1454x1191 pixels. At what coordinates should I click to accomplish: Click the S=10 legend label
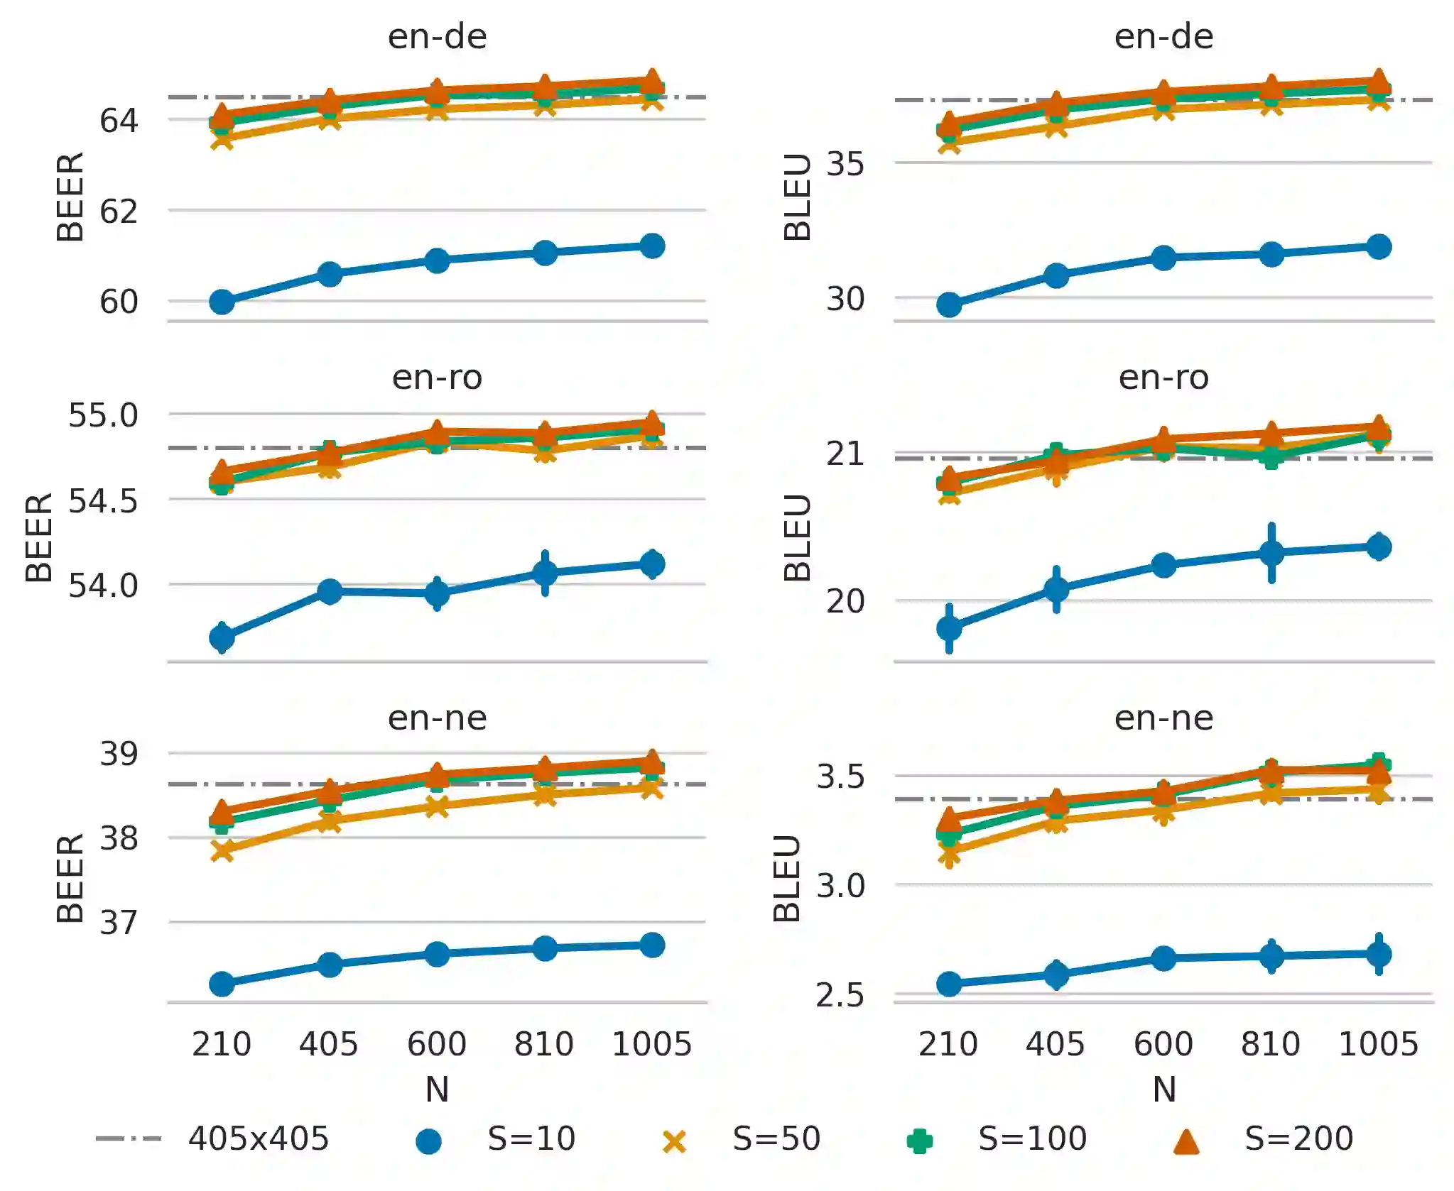coord(531,1138)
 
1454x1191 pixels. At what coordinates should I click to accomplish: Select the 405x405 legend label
coord(258,1138)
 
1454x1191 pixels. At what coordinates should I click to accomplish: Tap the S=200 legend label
coord(1298,1138)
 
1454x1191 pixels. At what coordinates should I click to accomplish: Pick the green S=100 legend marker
coord(919,1141)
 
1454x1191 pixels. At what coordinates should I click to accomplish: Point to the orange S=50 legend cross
coord(674,1141)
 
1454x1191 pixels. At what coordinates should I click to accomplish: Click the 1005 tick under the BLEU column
coord(1378,1044)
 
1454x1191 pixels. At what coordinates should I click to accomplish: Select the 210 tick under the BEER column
coord(222,1044)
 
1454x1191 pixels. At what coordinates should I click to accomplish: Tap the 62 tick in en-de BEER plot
coord(119,212)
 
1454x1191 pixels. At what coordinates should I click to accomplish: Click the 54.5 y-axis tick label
coord(103,501)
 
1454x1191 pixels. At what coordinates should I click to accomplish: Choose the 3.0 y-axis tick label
coord(840,886)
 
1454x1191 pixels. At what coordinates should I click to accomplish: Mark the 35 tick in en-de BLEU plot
coord(845,164)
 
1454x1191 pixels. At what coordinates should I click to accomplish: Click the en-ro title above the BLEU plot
coord(1163,377)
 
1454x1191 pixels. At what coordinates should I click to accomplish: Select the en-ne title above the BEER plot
coord(437,718)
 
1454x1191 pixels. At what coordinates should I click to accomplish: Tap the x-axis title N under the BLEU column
coord(1164,1089)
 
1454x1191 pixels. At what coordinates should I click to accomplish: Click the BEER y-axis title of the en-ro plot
coord(39,537)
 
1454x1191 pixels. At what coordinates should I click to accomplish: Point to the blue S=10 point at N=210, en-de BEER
coord(222,302)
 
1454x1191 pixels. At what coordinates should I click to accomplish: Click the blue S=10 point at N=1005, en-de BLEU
coord(1378,247)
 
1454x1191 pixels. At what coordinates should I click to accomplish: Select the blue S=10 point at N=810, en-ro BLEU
coord(1271,553)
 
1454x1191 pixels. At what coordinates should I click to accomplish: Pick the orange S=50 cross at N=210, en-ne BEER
coord(222,850)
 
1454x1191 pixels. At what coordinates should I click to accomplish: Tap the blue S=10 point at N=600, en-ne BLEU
coord(1163,958)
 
